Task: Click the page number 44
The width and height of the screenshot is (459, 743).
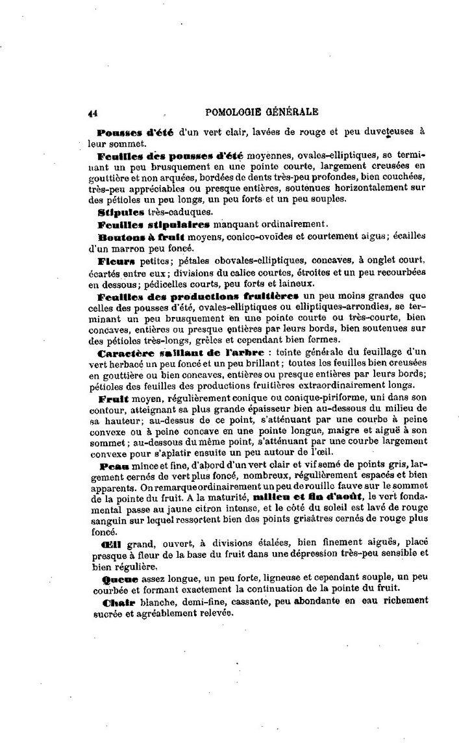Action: click(93, 112)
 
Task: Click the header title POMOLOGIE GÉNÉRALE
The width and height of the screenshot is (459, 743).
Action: click(262, 111)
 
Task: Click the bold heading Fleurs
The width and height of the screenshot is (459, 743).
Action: click(116, 261)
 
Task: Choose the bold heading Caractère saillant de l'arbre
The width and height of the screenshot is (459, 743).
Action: click(180, 353)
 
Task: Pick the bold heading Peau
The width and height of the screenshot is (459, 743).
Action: click(114, 467)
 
